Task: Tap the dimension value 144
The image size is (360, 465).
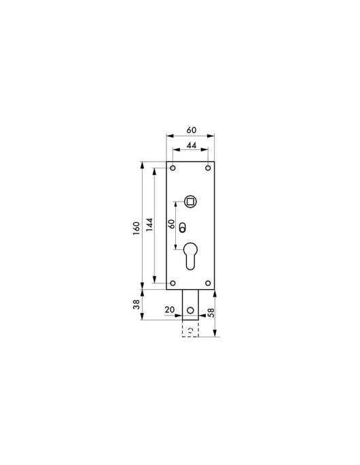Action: pyautogui.click(x=149, y=225)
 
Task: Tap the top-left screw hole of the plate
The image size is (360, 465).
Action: pyautogui.click(x=173, y=168)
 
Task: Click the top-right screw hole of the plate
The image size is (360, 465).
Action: pyautogui.click(x=207, y=168)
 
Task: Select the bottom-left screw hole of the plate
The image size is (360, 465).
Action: pyautogui.click(x=173, y=283)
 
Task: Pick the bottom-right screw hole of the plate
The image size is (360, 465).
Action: pyautogui.click(x=207, y=283)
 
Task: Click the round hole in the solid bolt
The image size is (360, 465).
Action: pyautogui.click(x=190, y=312)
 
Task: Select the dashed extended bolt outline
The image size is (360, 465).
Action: pyautogui.click(x=190, y=329)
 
